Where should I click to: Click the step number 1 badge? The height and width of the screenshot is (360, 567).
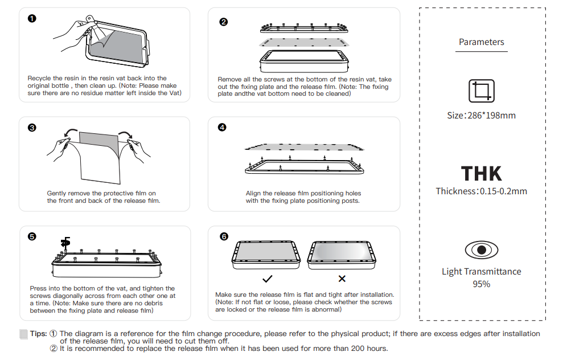click(x=32, y=18)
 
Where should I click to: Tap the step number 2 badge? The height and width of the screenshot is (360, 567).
click(x=223, y=22)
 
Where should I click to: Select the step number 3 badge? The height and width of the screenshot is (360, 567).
click(x=32, y=128)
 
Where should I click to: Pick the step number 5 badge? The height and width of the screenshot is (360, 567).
click(x=32, y=236)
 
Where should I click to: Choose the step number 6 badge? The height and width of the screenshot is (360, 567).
click(x=223, y=236)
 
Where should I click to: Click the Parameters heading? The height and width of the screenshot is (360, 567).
click(x=481, y=42)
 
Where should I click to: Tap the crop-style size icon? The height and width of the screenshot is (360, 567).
click(x=481, y=91)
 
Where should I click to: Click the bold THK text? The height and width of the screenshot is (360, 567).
click(x=481, y=173)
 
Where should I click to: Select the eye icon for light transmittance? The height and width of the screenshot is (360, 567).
click(x=481, y=250)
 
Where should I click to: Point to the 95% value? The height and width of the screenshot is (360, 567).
click(x=481, y=284)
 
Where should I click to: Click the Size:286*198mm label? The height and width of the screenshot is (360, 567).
click(x=481, y=115)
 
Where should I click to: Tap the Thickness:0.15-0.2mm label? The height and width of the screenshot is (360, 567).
click(x=481, y=191)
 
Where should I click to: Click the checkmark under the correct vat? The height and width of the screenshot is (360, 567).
click(x=267, y=279)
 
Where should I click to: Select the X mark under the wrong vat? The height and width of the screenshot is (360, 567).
click(x=342, y=279)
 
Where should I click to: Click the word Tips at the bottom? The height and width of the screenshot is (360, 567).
click(x=38, y=334)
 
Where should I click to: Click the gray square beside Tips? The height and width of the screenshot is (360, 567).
click(x=24, y=334)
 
